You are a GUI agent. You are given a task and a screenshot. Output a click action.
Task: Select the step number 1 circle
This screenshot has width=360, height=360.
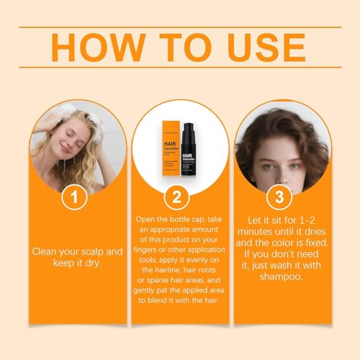tap(75, 196)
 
